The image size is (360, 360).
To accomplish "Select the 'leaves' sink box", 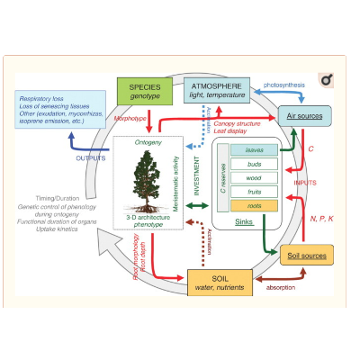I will point(255,150).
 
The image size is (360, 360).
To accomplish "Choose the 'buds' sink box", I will point(255,165).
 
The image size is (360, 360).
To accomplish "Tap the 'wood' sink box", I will point(255,178).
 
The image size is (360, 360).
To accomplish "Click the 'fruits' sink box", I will point(255,192).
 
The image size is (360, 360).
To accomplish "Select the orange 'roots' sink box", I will point(255,205).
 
